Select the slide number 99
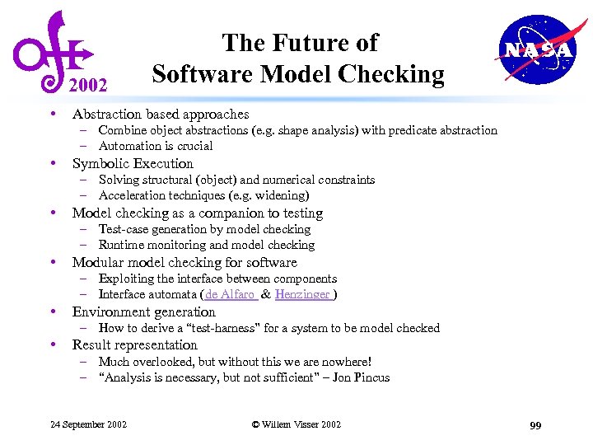pos(535,425)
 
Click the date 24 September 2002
pos(88,424)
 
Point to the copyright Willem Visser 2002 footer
pos(296,424)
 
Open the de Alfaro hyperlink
pos(231,294)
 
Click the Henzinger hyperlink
pos(303,294)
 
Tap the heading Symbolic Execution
pos(133,163)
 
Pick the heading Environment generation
pos(143,311)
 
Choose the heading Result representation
pos(134,344)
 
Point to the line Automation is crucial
pos(155,146)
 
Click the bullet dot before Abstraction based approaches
pos(53,114)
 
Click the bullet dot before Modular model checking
pos(53,262)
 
